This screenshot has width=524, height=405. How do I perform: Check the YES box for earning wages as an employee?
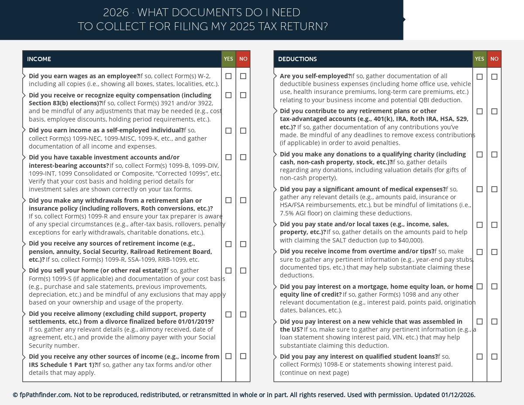click(228, 76)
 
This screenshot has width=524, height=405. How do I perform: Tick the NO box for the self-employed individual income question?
click(243, 131)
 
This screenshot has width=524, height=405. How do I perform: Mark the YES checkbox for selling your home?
click(228, 270)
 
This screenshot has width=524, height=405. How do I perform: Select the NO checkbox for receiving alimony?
click(243, 314)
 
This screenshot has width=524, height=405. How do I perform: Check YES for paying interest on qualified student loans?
click(479, 357)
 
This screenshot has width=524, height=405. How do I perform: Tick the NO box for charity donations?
click(494, 154)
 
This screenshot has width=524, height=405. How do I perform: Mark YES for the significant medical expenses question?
click(479, 189)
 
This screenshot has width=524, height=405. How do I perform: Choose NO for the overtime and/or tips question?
click(494, 252)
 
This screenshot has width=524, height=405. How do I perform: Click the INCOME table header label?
click(39, 59)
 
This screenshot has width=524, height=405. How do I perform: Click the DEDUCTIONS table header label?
click(297, 59)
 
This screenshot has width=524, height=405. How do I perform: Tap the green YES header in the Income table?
click(228, 59)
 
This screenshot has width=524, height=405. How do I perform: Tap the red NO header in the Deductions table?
click(494, 59)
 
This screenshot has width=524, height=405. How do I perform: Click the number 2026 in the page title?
click(116, 13)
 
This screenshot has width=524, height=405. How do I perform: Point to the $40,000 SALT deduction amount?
click(410, 240)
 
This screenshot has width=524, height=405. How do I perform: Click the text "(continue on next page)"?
click(314, 373)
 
